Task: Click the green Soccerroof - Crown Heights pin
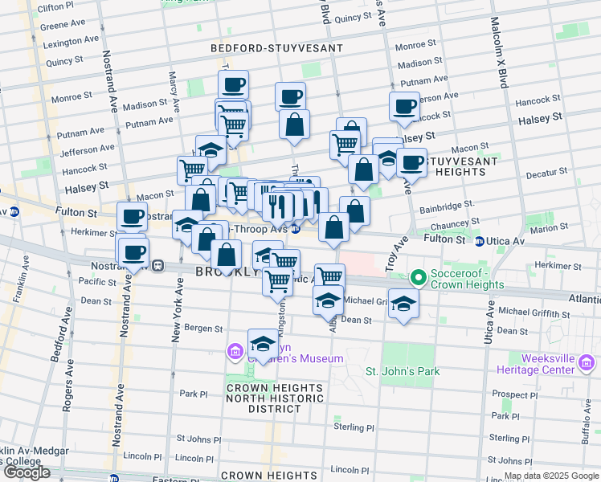tap(418, 279)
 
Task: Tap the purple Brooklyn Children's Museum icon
tap(235, 351)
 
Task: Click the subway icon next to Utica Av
tap(480, 241)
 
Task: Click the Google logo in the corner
tap(27, 472)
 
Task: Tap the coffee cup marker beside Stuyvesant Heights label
tap(411, 162)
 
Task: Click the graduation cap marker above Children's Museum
tap(262, 343)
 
